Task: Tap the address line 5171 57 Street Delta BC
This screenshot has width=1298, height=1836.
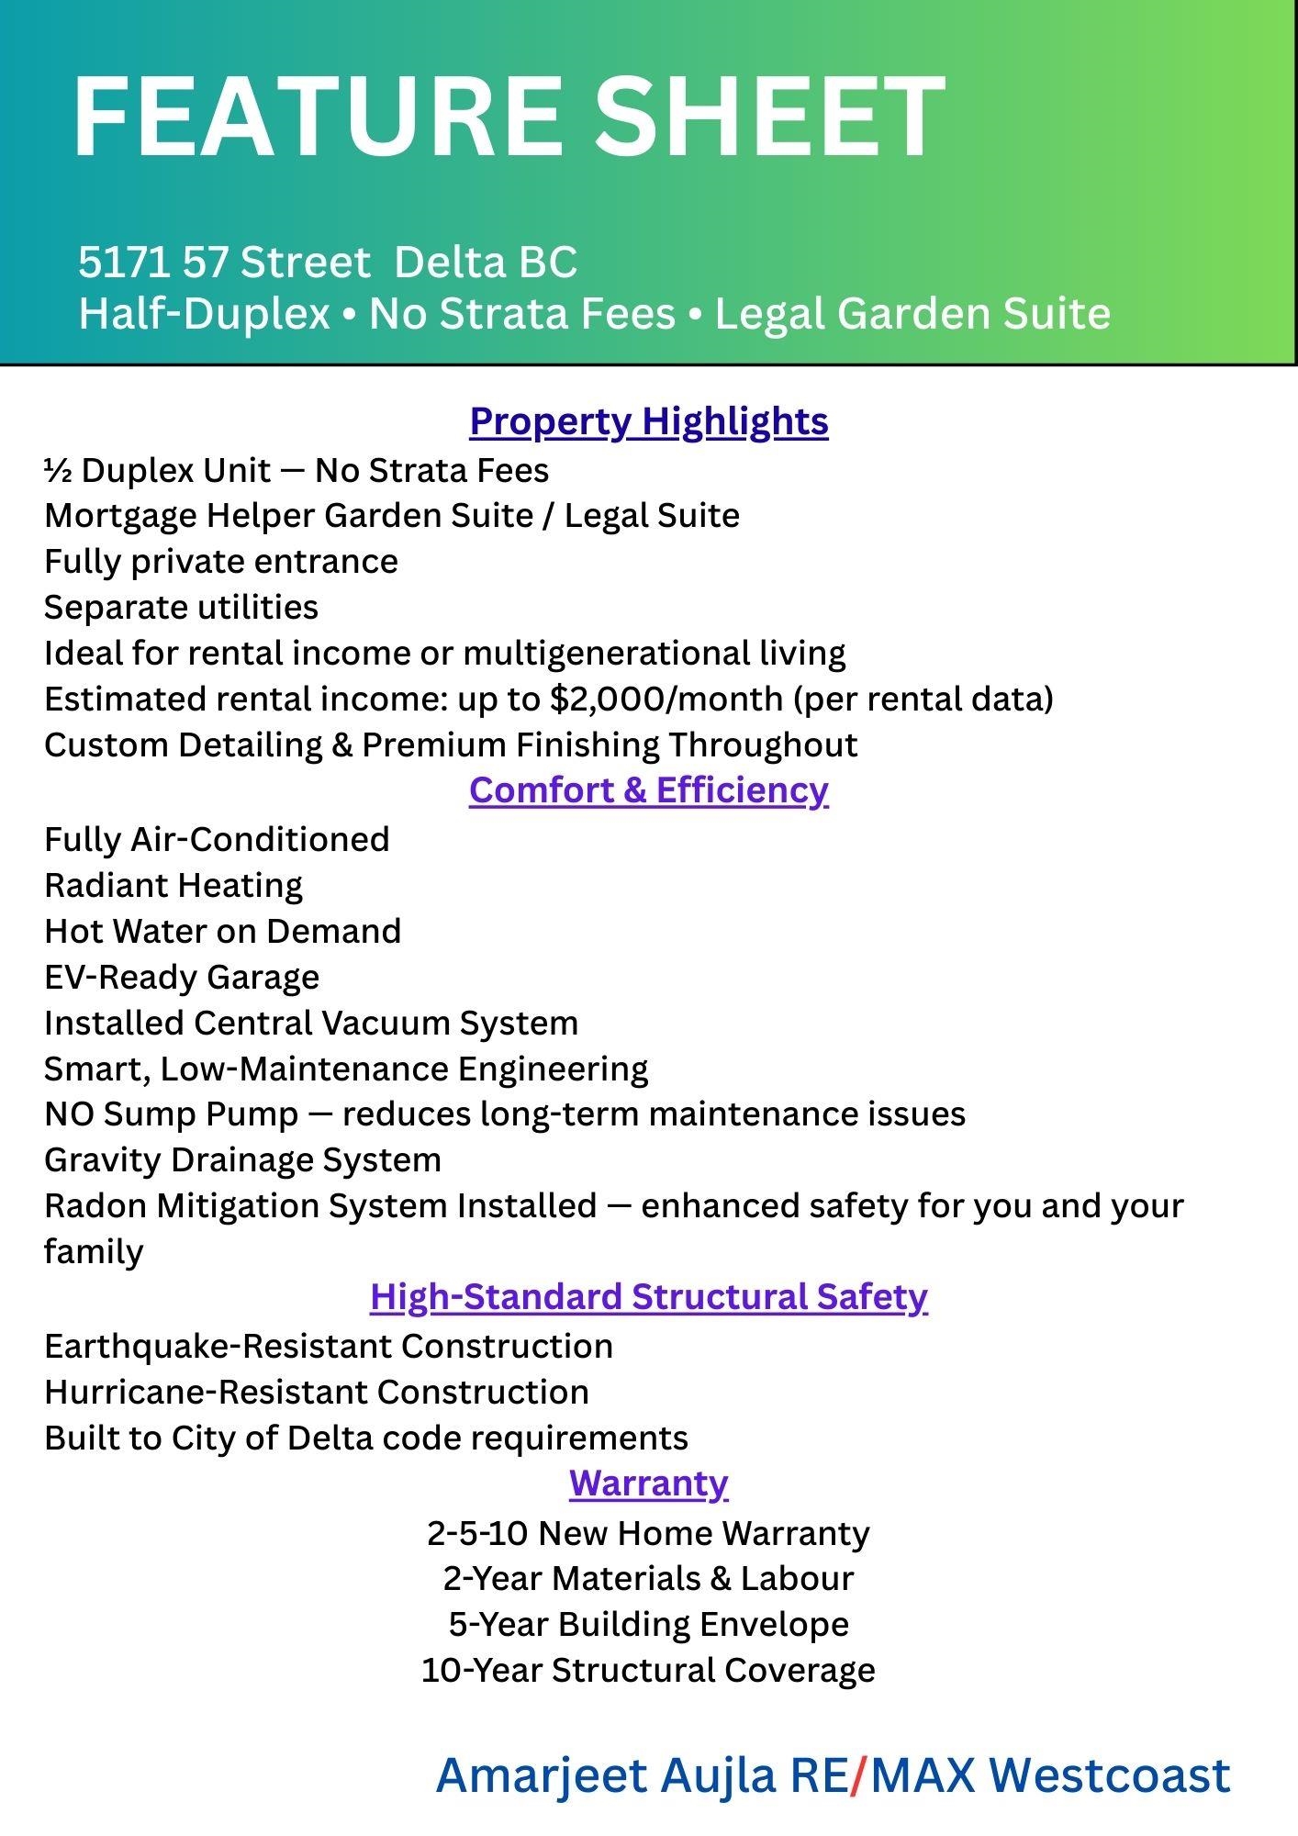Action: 327,263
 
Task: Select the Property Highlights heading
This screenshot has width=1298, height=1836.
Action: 648,421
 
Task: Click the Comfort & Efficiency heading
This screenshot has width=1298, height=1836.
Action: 648,790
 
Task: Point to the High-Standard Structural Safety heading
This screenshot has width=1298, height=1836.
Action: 648,1297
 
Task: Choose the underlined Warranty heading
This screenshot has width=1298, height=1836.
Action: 648,1483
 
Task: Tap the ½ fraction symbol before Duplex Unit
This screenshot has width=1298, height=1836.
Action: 58,471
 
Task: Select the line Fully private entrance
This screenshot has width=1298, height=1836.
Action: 220,562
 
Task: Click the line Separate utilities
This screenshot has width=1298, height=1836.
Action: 181,608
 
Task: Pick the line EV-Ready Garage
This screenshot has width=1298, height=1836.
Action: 182,977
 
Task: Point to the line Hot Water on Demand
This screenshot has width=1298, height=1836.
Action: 222,931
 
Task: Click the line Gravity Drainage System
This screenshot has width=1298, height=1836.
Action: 242,1160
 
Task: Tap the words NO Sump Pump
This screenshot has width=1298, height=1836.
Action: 171,1114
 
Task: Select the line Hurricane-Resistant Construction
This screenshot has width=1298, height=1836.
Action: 316,1393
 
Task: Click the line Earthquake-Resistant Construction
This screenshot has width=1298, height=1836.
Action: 328,1347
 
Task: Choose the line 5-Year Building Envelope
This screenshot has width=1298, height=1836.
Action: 648,1624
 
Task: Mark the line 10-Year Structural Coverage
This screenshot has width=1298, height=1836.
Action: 648,1670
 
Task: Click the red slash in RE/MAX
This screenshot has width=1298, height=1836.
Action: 858,1775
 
